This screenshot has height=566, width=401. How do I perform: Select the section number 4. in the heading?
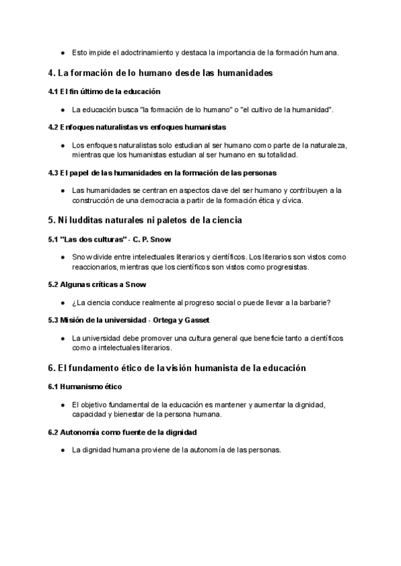(x=52, y=72)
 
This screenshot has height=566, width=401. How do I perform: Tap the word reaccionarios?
(x=92, y=266)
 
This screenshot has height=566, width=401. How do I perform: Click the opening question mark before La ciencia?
(x=74, y=302)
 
